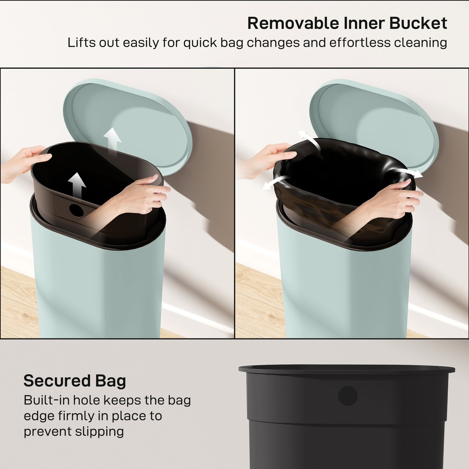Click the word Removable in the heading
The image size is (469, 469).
coord(293,23)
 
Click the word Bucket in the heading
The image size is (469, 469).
coord(418,23)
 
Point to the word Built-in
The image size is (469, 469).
coord(46,400)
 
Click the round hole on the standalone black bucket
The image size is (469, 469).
coord(348,396)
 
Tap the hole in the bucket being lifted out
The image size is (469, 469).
coord(77,210)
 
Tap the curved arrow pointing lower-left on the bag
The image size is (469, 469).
coord(275,182)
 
